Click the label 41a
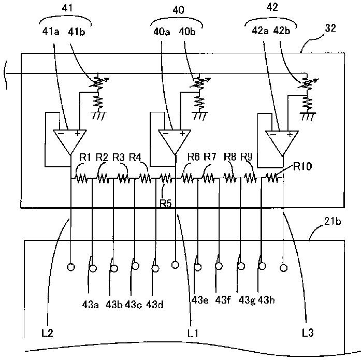(x=51, y=31)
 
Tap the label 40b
(x=187, y=31)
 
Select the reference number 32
(x=330, y=28)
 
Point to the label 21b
(x=333, y=221)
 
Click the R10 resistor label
(x=302, y=166)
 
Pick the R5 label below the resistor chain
(x=166, y=204)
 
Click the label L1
(x=193, y=333)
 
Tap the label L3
(x=308, y=333)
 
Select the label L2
(x=48, y=333)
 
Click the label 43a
(x=91, y=305)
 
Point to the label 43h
(x=266, y=300)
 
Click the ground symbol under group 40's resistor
(x=199, y=116)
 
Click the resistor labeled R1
(x=81, y=178)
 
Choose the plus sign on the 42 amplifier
(x=290, y=134)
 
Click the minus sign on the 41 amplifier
(x=61, y=133)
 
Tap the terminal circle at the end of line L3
(x=283, y=268)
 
